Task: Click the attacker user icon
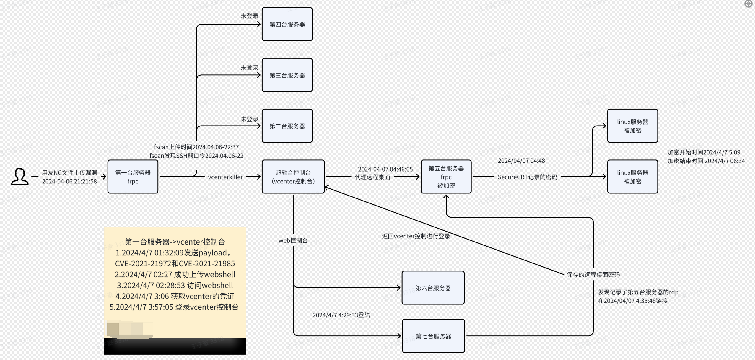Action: tap(20, 177)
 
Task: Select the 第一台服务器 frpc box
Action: tap(133, 177)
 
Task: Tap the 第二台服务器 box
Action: tap(287, 126)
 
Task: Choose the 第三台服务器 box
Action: tap(287, 75)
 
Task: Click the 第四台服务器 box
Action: tap(287, 24)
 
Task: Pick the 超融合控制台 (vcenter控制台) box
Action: tap(293, 177)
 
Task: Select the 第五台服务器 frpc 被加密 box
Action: tap(446, 177)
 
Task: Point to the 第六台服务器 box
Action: tap(433, 288)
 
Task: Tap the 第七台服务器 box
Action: tap(433, 336)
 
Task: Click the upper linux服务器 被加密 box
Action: tap(632, 126)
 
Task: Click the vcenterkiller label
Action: tap(225, 177)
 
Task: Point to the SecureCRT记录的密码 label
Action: tap(528, 177)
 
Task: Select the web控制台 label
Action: tap(293, 240)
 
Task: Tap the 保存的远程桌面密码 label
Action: tap(593, 275)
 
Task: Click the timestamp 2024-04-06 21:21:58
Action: tap(69, 181)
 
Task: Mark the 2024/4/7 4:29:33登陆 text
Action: tap(341, 315)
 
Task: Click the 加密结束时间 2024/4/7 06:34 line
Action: tap(706, 161)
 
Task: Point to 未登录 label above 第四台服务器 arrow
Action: tap(250, 16)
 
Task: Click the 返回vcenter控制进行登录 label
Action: tap(416, 236)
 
